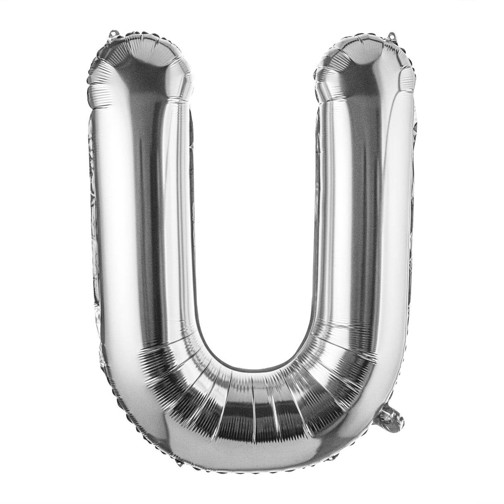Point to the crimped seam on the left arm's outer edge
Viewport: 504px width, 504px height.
click(x=93, y=208)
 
